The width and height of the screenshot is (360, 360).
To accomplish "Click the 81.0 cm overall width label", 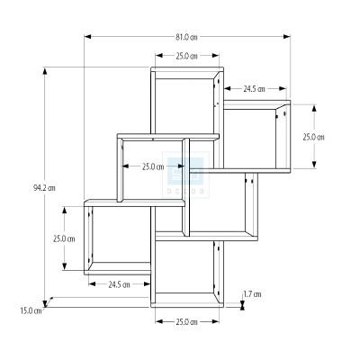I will click(x=186, y=37).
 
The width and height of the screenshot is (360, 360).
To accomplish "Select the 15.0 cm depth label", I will click(x=31, y=310).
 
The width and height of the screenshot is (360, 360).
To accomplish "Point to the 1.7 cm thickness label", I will click(x=252, y=294).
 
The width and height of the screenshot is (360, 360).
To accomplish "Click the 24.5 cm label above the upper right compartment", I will click(x=255, y=89).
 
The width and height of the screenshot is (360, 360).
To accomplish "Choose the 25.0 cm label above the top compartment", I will click(x=186, y=57).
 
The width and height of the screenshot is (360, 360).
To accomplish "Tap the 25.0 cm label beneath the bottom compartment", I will click(x=186, y=321).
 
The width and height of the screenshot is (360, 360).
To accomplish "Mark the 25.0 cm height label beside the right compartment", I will click(x=313, y=137).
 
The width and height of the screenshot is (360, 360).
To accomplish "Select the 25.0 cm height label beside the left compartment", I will click(x=64, y=238).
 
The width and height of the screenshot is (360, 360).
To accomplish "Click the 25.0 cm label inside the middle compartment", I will click(x=153, y=166).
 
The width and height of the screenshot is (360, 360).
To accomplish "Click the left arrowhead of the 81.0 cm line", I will click(x=86, y=37).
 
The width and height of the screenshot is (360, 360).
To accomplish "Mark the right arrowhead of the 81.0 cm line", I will click(x=289, y=37).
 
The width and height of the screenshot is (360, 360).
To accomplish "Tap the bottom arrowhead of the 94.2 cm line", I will click(x=45, y=306).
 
